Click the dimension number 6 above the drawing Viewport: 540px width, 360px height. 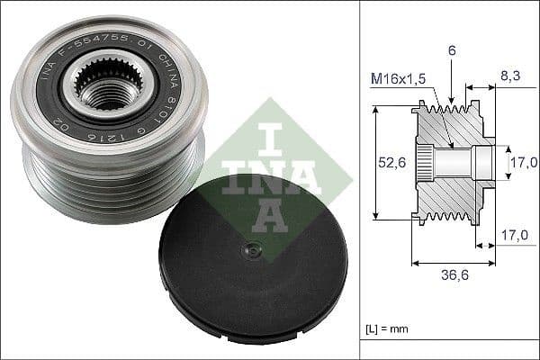[452, 52]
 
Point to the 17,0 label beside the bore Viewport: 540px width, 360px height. [525, 162]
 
